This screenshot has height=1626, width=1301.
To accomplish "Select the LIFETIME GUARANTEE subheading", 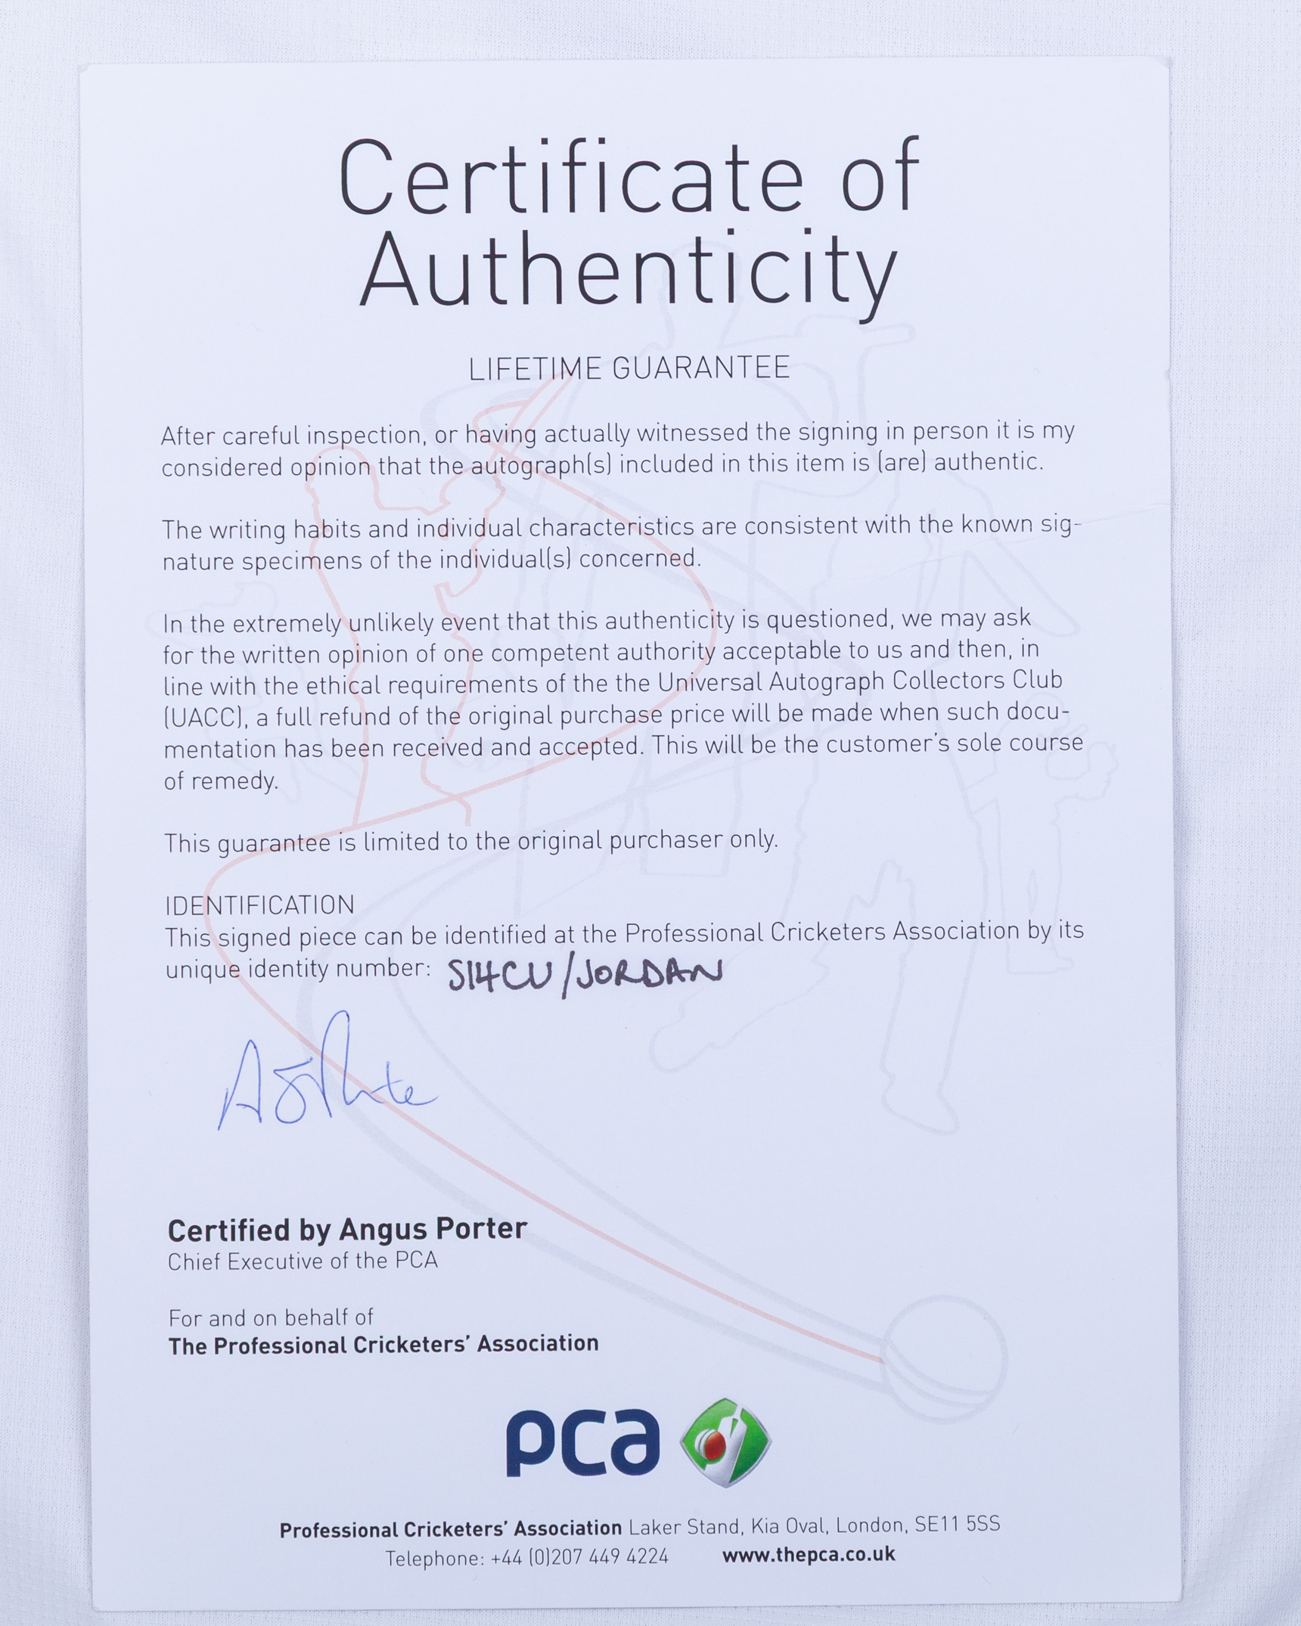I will (629, 368).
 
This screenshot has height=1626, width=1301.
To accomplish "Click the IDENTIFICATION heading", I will (259, 905).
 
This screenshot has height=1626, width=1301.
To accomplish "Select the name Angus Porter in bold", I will (432, 1230).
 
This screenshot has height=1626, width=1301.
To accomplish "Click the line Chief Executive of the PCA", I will (303, 1261).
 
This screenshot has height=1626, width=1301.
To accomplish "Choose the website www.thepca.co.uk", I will (808, 1555).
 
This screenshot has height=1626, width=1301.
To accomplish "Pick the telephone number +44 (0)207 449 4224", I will (579, 1557).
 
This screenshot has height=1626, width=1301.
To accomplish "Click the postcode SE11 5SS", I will (957, 1525).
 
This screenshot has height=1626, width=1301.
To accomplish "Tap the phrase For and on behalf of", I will (271, 1318).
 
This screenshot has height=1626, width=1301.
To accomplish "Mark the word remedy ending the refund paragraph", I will (240, 781).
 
